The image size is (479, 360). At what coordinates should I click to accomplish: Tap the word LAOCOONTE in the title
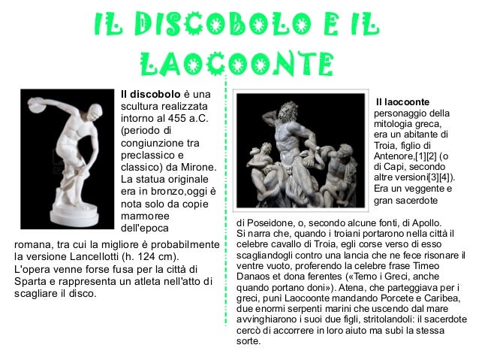236,64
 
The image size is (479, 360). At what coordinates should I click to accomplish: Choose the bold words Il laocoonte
402,101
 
